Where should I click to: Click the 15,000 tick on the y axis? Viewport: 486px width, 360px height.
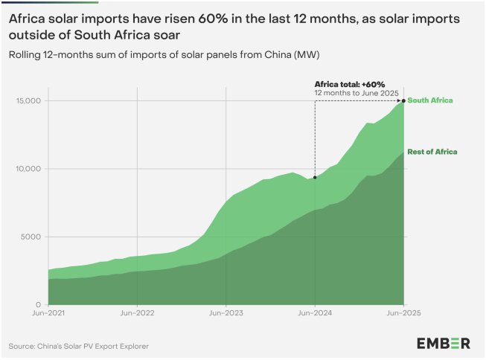[28, 100]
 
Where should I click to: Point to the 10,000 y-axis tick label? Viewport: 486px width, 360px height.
[28, 169]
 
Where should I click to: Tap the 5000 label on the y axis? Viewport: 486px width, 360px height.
[31, 237]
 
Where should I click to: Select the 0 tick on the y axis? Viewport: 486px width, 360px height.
[38, 304]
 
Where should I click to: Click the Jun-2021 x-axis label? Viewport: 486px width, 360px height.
[48, 313]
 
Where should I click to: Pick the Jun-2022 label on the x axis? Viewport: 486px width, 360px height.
[137, 313]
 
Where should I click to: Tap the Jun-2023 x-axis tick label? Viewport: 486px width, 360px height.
[226, 313]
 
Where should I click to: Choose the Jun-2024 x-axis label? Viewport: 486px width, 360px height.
[315, 313]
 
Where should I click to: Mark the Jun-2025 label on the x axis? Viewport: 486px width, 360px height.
[403, 313]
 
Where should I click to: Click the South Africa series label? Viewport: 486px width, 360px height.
[430, 100]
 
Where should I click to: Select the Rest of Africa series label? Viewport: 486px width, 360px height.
[432, 152]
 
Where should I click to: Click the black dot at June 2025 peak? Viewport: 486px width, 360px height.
[403, 100]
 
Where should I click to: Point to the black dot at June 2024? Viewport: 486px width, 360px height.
[315, 178]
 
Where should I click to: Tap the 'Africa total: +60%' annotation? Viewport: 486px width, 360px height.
[350, 84]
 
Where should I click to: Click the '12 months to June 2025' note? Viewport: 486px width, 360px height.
[356, 93]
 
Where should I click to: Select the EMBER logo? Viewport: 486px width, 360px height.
[444, 344]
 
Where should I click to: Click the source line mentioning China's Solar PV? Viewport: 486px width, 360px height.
[79, 346]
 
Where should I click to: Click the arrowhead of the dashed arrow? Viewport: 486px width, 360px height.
[400, 100]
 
